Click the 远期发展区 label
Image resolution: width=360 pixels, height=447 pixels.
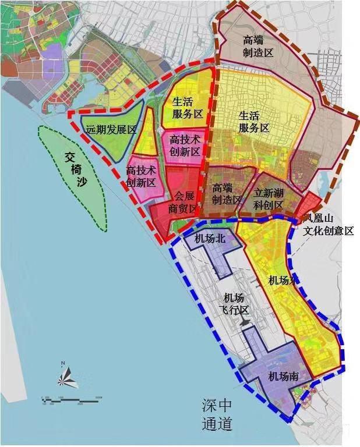(111, 130)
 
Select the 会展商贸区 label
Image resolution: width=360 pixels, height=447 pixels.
(182, 202)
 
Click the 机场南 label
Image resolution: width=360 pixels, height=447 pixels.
(284, 377)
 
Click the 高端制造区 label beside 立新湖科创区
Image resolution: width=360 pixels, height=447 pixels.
(227, 194)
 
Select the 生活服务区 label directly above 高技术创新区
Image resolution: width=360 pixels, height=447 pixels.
(187, 108)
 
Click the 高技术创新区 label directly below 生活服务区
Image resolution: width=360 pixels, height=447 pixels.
(185, 146)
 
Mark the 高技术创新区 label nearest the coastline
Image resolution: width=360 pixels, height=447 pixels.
(142, 176)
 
